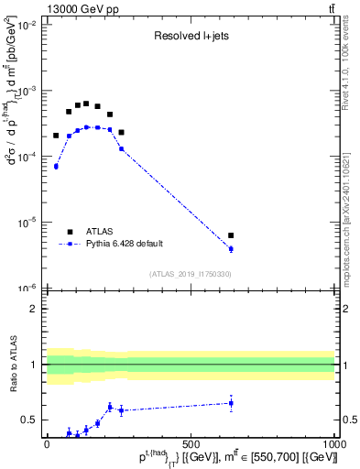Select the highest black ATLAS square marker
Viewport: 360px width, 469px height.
pos(86,104)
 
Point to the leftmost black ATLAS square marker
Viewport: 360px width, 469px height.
pos(56,136)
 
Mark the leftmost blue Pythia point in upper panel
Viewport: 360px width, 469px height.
pos(56,166)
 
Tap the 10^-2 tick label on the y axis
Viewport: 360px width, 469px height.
pos(29,26)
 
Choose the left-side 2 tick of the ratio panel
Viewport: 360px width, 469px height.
pos(35,309)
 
